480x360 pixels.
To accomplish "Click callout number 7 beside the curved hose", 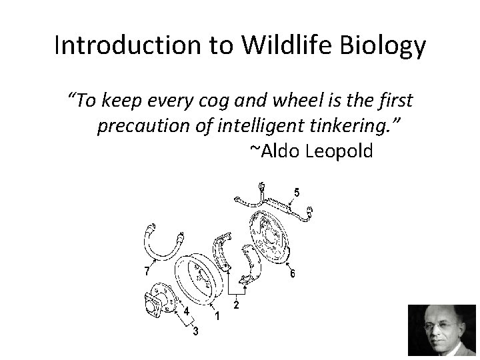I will point(147,271).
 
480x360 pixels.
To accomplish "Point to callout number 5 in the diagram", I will point(297,193).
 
